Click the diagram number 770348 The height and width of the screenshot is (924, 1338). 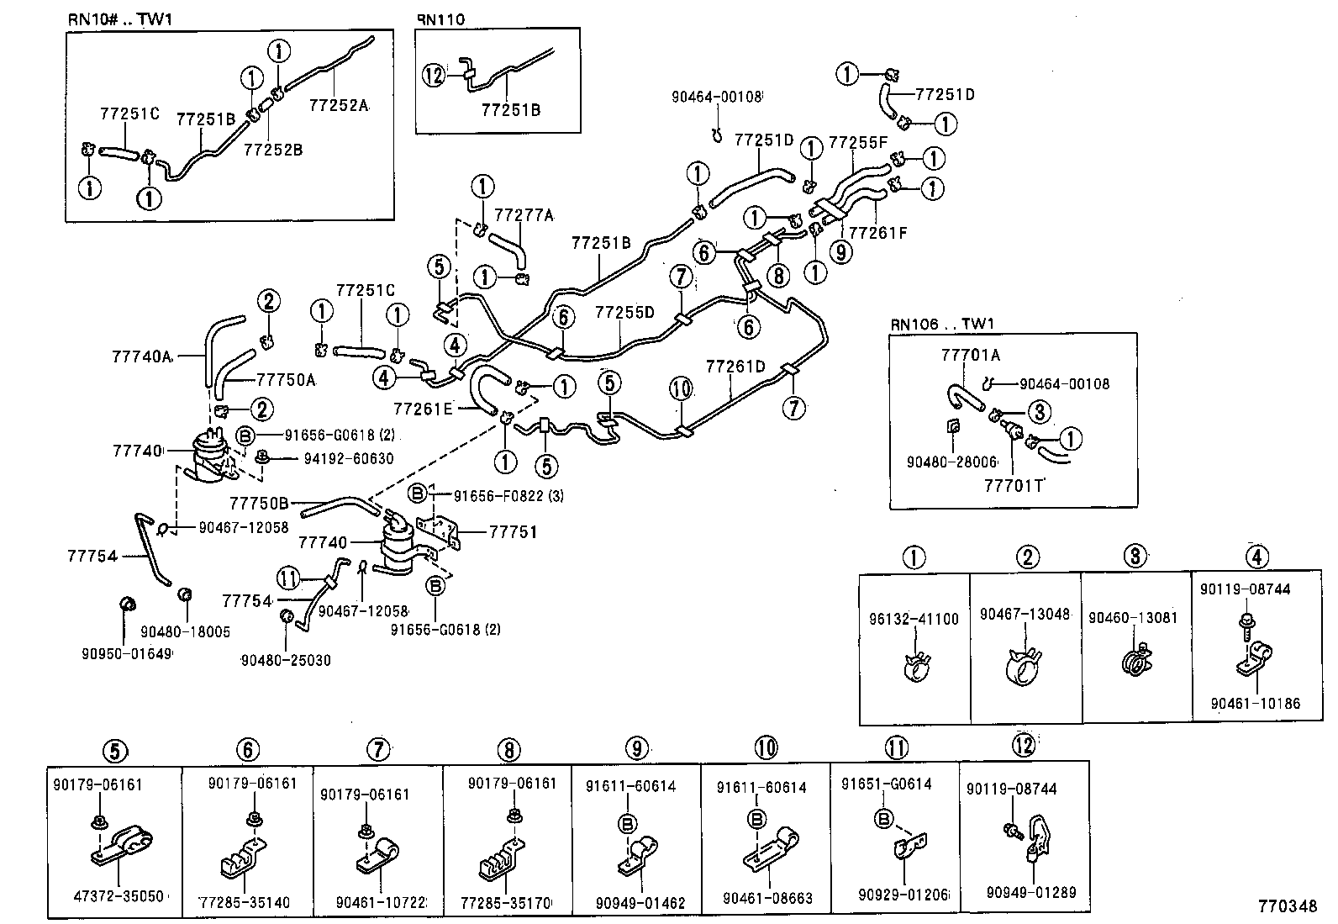pyautogui.click(x=1287, y=906)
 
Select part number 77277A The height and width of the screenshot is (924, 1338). pyautogui.click(x=524, y=215)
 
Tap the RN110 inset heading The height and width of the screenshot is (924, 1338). pyautogui.click(x=441, y=18)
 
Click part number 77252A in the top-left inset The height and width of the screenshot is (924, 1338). pyautogui.click(x=339, y=105)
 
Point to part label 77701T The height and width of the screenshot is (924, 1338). pyautogui.click(x=1014, y=485)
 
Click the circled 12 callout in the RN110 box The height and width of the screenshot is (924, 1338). pyautogui.click(x=434, y=76)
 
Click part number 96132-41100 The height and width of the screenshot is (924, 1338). pyautogui.click(x=914, y=619)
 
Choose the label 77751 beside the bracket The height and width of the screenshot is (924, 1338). pyautogui.click(x=513, y=532)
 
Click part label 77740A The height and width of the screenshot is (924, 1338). pyautogui.click(x=141, y=356)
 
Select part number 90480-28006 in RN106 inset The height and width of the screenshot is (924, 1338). pyautogui.click(x=951, y=462)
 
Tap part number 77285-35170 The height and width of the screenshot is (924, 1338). pyautogui.click(x=506, y=904)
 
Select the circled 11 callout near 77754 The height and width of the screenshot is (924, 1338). pyautogui.click(x=288, y=578)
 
